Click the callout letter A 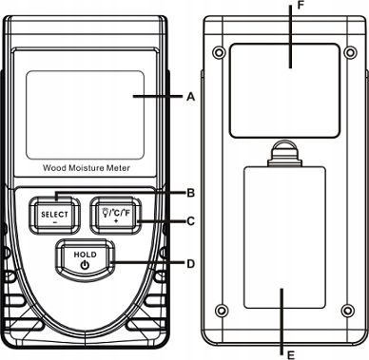(x=190, y=96)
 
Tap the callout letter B (x=190, y=193)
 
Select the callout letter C (x=190, y=221)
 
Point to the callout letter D (x=190, y=263)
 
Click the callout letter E (x=290, y=355)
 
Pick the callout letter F (x=301, y=5)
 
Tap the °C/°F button (x=116, y=216)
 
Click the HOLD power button (x=85, y=259)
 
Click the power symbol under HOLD (x=85, y=265)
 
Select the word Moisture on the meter (x=87, y=168)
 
